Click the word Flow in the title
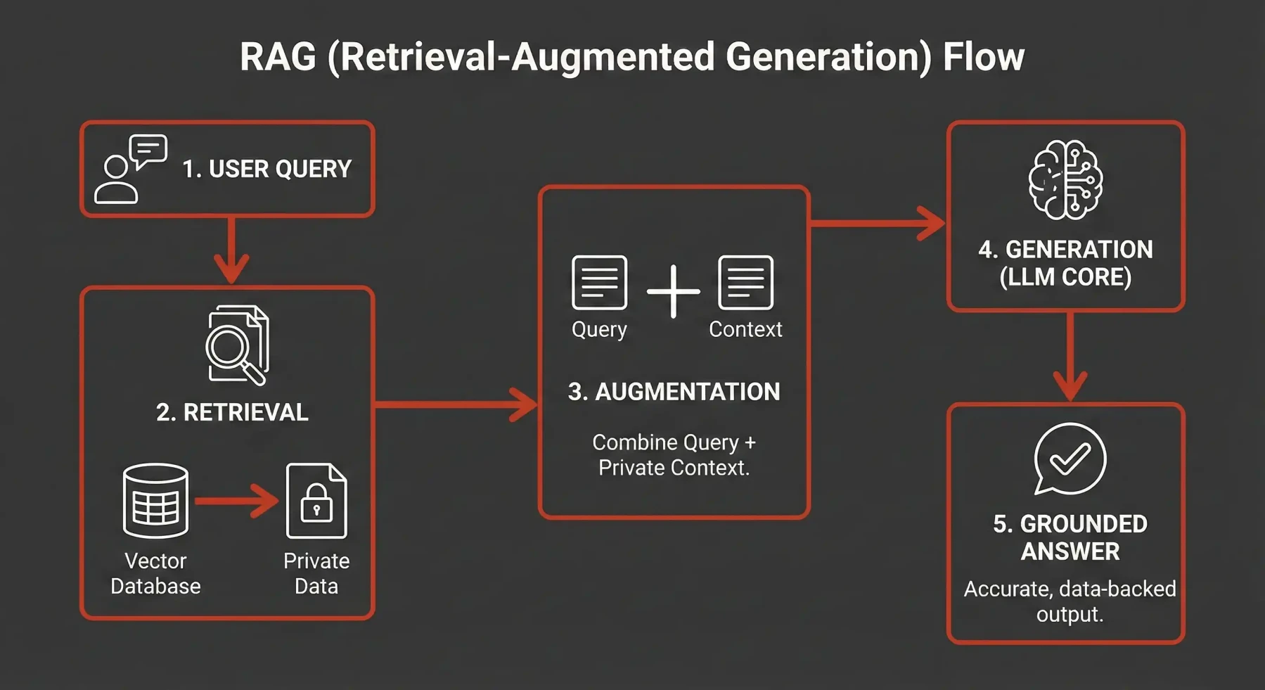983,57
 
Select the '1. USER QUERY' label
267,170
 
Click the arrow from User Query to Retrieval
231,250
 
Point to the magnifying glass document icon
237,345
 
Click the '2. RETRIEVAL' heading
232,412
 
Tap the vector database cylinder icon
155,500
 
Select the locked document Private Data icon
316,501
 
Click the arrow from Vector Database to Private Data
236,501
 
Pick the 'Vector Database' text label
155,573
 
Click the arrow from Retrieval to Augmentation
456,404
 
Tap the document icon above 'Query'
599,283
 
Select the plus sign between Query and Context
673,290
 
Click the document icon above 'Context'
745,283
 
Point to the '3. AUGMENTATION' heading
674,392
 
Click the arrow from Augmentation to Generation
878,223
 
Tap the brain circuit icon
1065,179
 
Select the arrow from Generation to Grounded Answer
1070,357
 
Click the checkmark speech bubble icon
1070,459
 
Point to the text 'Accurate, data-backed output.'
1070,601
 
